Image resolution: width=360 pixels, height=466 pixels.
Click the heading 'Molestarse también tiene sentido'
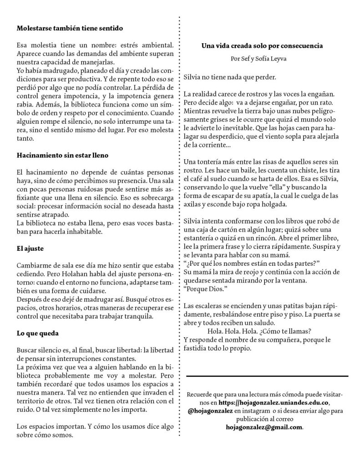70,28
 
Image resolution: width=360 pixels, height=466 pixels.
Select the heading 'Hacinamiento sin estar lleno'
62,155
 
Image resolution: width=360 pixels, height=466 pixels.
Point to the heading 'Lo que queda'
37,333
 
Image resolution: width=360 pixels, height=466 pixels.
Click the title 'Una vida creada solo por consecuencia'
262,46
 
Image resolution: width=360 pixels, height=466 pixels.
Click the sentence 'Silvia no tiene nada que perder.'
230,77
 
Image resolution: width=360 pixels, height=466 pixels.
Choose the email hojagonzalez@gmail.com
264,428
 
